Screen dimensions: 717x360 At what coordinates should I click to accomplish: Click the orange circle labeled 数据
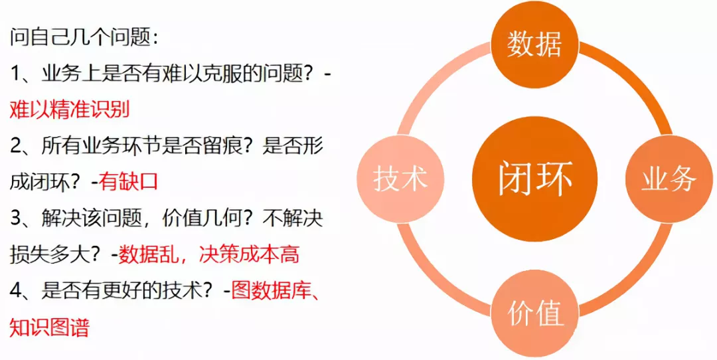click(534, 45)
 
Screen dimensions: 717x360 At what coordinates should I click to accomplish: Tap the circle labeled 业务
click(668, 179)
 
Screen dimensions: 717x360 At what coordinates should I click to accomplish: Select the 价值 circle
click(534, 314)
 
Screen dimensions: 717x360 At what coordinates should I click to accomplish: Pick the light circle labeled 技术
click(400, 179)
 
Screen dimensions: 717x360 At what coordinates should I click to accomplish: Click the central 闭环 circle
click(534, 179)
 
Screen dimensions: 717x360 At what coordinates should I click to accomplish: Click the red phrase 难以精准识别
click(70, 110)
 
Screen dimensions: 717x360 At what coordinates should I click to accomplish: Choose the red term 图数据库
click(271, 291)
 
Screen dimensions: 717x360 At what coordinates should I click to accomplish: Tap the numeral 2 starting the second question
click(15, 146)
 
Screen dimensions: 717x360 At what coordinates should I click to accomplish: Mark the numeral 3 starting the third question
click(15, 219)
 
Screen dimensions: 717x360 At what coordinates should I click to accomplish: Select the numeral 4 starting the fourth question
click(15, 291)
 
